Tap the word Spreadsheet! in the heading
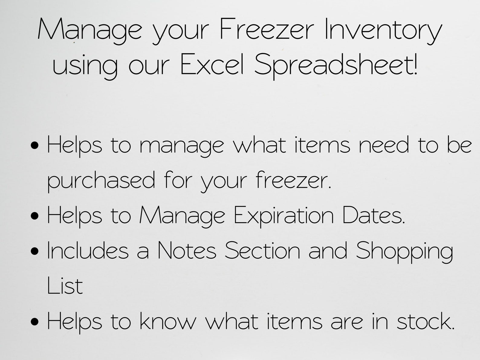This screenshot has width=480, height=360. (336, 65)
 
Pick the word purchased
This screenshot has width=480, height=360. (101, 180)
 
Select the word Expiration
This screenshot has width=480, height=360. (284, 216)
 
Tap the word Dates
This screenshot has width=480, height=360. (373, 215)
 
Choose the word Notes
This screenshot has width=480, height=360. (187, 251)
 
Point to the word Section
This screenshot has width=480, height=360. (262, 251)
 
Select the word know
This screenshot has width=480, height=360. (168, 321)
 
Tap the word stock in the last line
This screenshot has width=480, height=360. (425, 321)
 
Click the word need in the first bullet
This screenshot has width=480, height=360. (384, 145)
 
